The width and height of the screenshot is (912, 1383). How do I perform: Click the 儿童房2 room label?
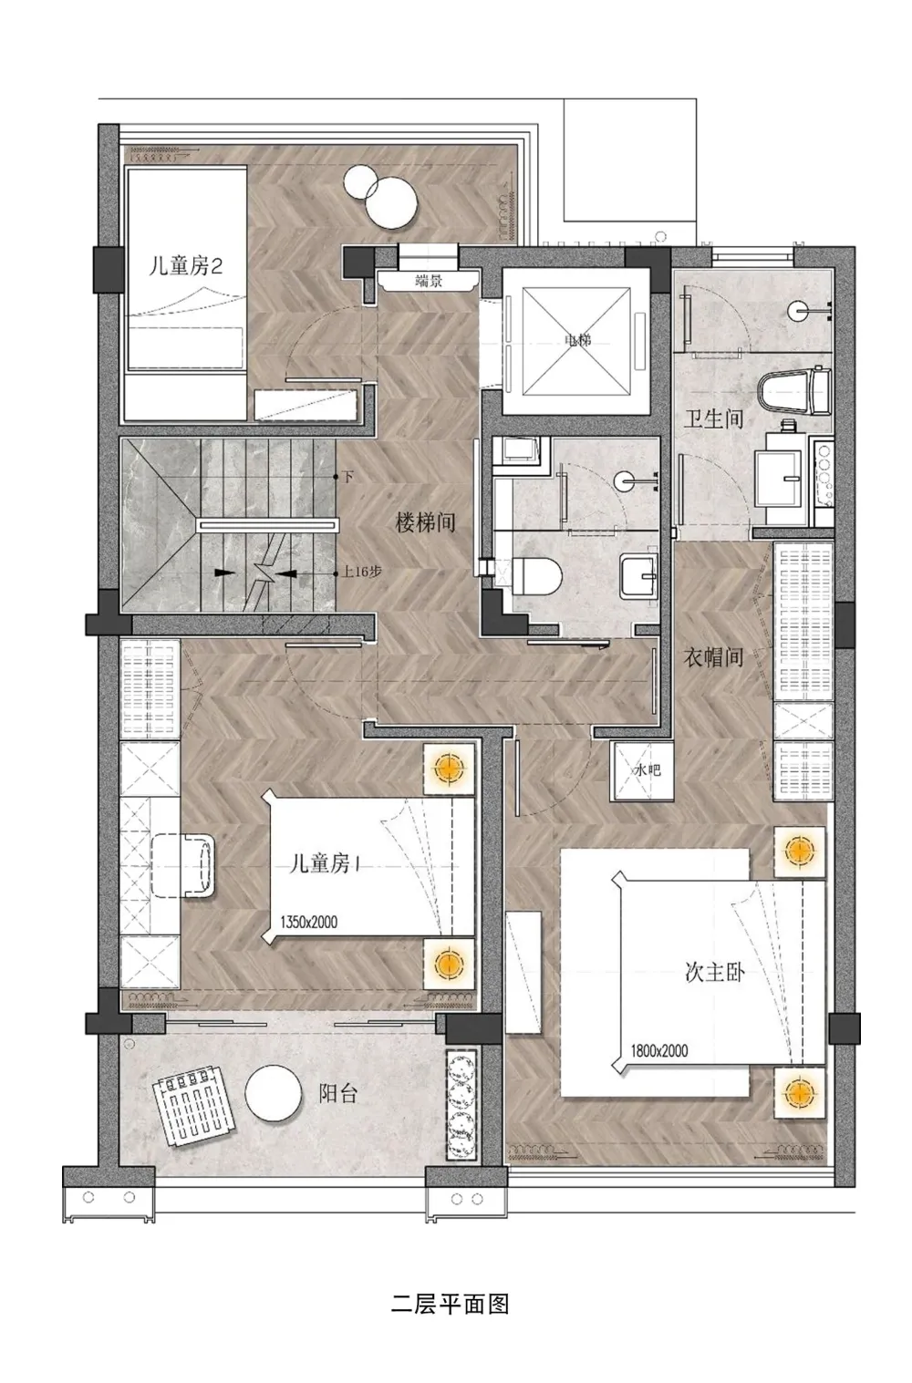[186, 267]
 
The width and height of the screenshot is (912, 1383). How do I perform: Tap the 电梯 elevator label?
[577, 340]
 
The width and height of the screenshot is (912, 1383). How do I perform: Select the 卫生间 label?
[713, 419]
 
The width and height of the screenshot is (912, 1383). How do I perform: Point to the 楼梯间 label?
[424, 522]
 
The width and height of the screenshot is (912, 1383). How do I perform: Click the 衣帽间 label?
[713, 655]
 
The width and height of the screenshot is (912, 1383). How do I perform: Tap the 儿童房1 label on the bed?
[324, 863]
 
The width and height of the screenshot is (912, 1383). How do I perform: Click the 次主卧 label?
[715, 972]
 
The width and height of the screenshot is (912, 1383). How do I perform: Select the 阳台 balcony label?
[337, 1093]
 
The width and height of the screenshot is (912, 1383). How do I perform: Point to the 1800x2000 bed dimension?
[658, 1051]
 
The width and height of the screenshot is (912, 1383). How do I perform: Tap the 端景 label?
[428, 282]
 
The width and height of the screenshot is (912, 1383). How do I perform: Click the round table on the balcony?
[273, 1093]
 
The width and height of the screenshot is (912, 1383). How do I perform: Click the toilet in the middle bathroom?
[534, 575]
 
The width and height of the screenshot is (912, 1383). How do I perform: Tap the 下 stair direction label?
[347, 477]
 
